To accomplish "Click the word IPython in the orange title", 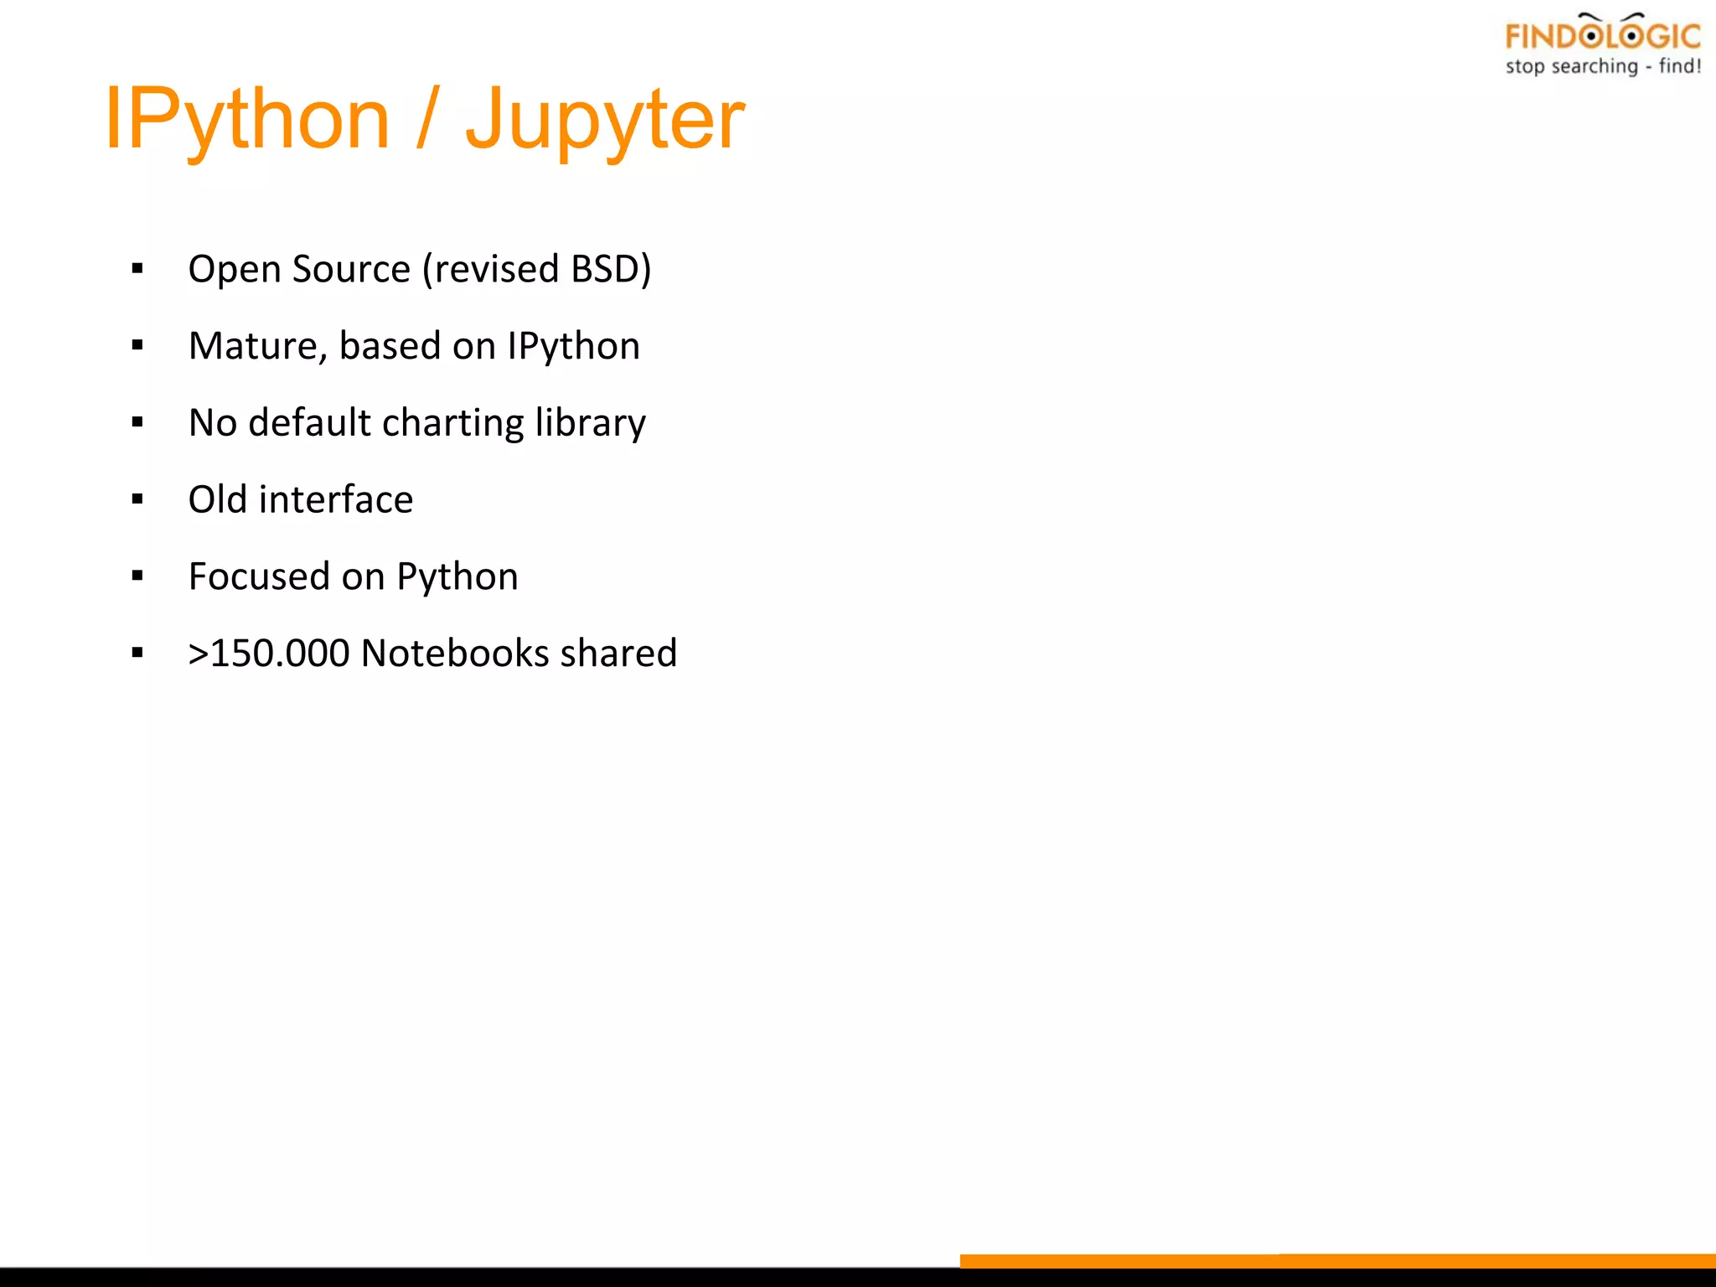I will point(247,119).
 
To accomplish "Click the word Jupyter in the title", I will point(604,119).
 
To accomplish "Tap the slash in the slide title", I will point(427,119).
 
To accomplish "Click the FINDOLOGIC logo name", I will point(1602,36).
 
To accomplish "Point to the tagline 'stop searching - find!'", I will point(1602,66).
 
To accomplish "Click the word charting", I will point(453,423).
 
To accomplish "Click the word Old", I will point(218,499).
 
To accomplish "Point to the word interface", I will point(336,499).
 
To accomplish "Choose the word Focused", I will point(259,576).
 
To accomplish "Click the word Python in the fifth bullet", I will point(457,576).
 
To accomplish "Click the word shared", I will point(618,654).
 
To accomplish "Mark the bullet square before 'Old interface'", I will point(137,500).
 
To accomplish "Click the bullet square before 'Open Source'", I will point(137,269).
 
